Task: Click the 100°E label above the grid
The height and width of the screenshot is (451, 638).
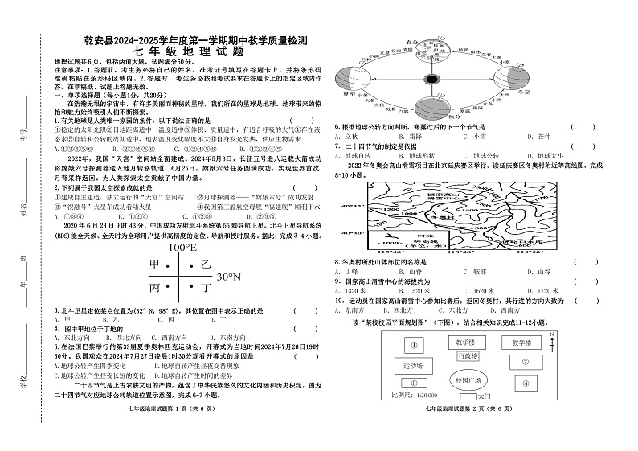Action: [182, 248]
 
